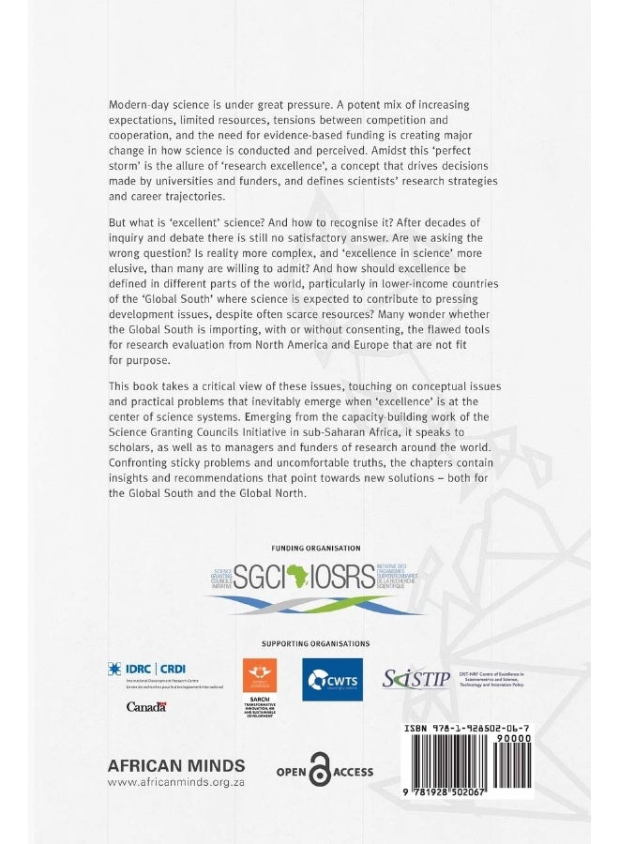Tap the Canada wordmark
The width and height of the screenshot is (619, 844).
pyautogui.click(x=146, y=706)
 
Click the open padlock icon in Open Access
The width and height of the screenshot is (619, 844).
pyautogui.click(x=321, y=772)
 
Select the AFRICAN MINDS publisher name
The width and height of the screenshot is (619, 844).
pyautogui.click(x=176, y=764)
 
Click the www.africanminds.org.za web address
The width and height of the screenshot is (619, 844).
pyautogui.click(x=176, y=782)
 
